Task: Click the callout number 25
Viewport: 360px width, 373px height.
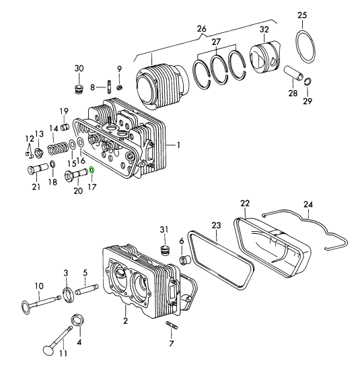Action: (x=302, y=15)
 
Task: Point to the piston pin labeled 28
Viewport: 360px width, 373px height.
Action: (x=294, y=73)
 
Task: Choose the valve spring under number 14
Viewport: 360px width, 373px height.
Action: (x=58, y=149)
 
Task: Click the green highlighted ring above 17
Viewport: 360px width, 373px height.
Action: (x=92, y=170)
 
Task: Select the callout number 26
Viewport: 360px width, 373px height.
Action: (x=201, y=29)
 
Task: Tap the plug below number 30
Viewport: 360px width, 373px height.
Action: (x=78, y=89)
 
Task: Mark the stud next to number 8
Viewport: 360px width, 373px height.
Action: (x=110, y=87)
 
